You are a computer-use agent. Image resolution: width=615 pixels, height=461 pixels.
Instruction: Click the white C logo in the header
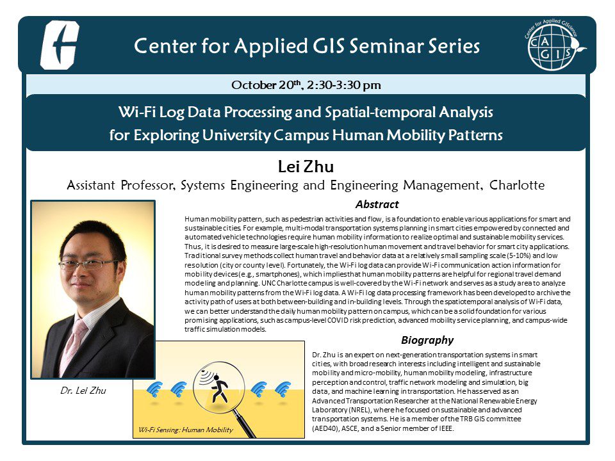click(59, 45)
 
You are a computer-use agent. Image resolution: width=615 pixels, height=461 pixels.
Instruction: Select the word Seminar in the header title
click(350, 46)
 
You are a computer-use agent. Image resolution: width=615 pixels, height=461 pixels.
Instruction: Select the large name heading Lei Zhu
click(306, 167)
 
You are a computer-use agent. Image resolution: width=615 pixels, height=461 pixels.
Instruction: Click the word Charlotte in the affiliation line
click(517, 186)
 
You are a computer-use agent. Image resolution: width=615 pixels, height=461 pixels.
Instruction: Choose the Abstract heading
click(377, 205)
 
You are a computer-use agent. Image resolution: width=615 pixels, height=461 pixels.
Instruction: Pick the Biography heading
click(427, 340)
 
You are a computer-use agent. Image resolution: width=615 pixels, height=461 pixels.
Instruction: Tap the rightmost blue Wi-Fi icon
click(283, 389)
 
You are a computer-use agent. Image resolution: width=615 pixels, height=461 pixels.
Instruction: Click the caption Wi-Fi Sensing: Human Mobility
click(184, 430)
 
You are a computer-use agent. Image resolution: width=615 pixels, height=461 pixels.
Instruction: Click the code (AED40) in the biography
click(327, 428)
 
